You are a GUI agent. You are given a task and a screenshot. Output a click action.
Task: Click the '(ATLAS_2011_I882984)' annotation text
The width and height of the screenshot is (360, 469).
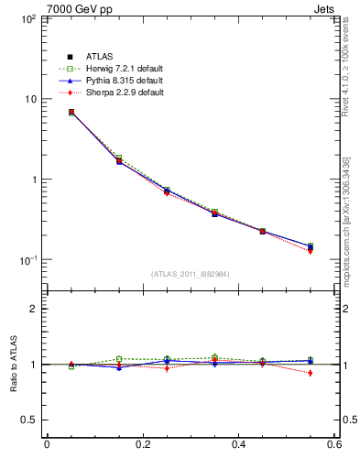pyautogui.click(x=191, y=274)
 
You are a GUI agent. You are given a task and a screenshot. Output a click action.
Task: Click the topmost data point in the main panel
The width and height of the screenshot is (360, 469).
pyautogui.click(x=71, y=112)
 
